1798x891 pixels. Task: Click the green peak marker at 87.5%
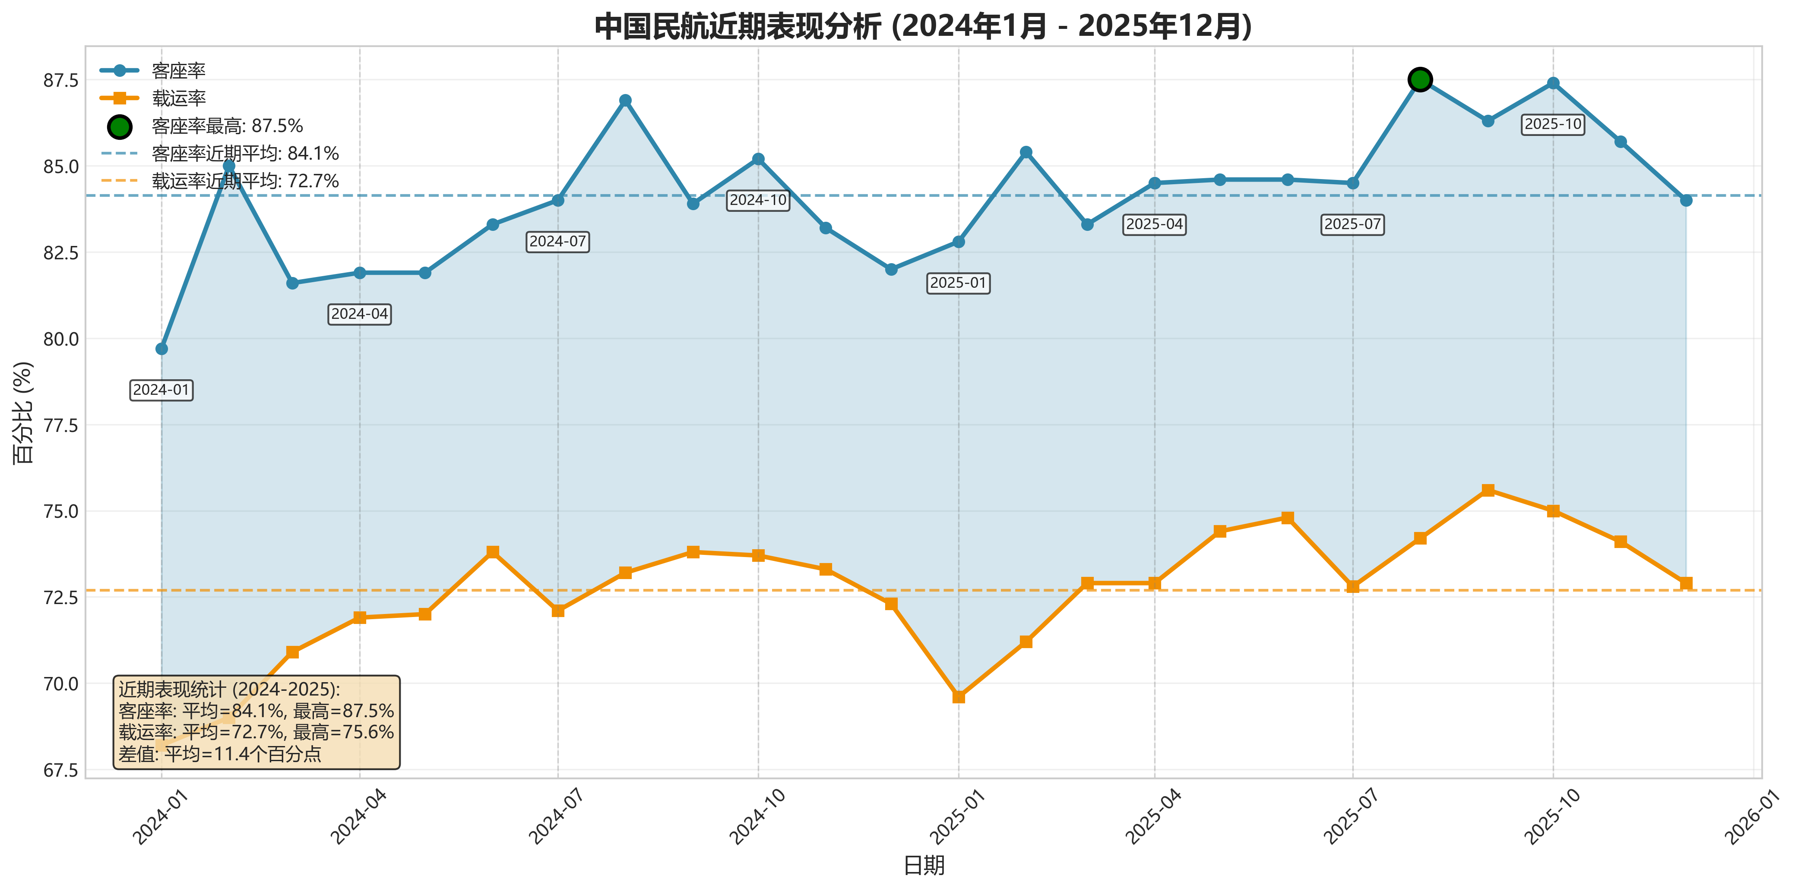coord(1420,79)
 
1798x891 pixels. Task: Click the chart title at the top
coord(923,26)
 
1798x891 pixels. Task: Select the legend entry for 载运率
coord(179,98)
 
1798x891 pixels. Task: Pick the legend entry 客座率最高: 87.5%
coord(227,126)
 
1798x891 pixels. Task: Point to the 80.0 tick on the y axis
coord(61,339)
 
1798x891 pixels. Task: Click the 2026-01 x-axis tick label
coord(1752,816)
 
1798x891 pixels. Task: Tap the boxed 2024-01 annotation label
coord(161,390)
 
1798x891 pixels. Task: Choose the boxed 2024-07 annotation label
coord(558,242)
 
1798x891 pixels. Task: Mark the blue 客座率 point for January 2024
coord(161,349)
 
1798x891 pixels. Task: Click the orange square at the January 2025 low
coord(958,697)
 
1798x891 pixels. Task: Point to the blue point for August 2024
coord(625,101)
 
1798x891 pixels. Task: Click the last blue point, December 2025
coord(1686,200)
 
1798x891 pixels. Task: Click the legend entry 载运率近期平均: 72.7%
coord(245,181)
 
